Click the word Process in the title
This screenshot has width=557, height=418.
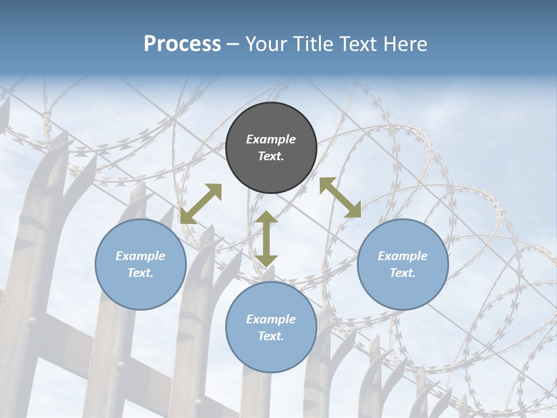point(182,44)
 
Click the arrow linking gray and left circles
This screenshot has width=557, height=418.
point(201,204)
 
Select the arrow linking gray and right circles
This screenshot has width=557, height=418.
point(341,197)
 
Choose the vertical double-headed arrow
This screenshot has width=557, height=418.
point(266,239)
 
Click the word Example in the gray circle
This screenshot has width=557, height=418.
point(271,139)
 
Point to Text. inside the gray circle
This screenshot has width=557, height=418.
point(271,156)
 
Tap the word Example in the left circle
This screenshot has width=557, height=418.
point(140,256)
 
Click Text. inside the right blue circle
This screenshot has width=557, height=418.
point(403,273)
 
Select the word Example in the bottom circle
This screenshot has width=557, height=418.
point(271,319)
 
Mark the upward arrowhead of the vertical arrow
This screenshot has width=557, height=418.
point(266,218)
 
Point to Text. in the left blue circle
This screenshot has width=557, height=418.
point(140,273)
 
